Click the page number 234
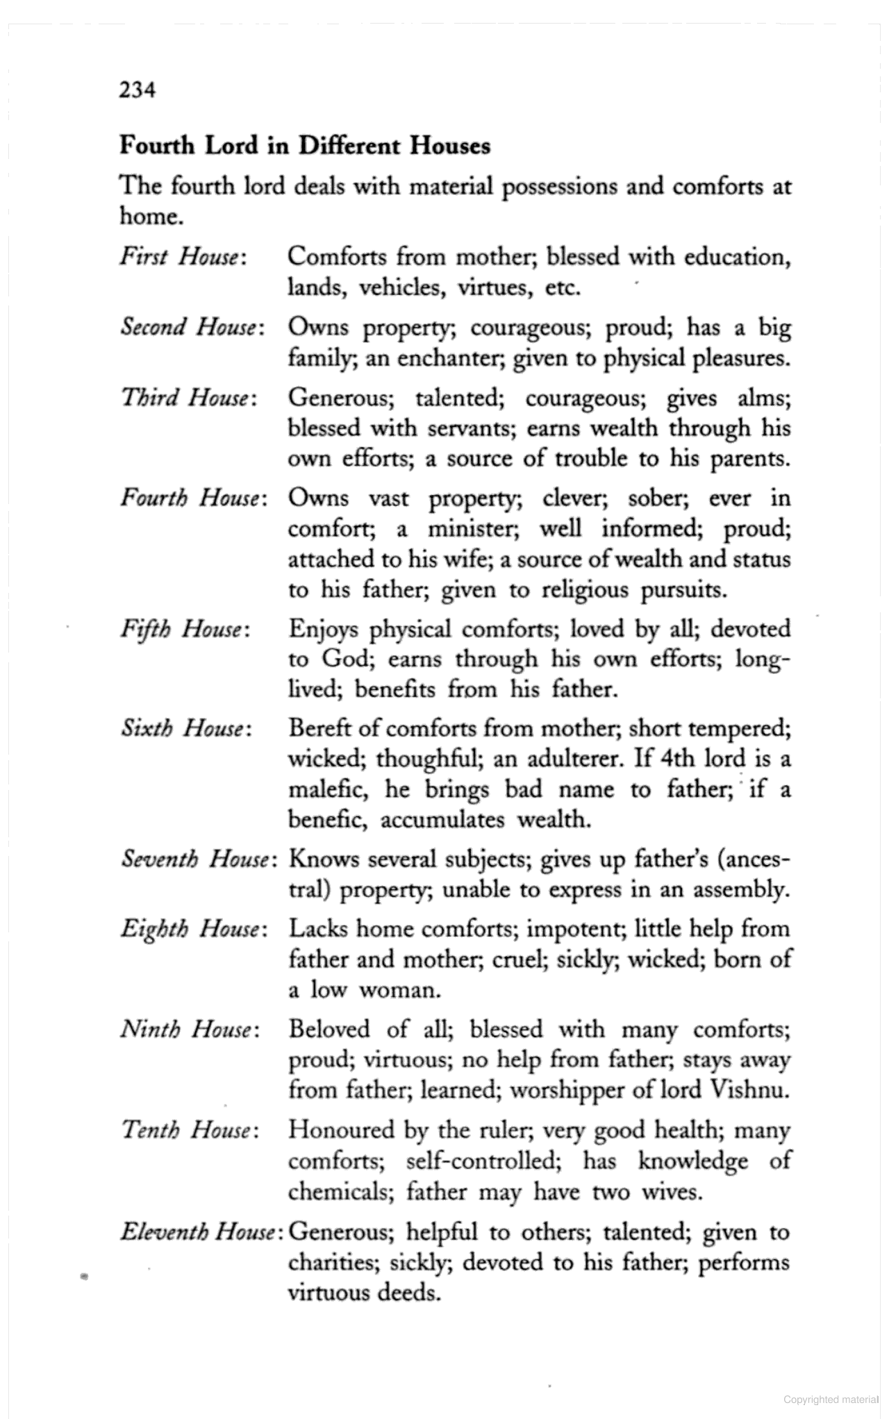click(x=137, y=90)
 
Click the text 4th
click(x=677, y=758)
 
